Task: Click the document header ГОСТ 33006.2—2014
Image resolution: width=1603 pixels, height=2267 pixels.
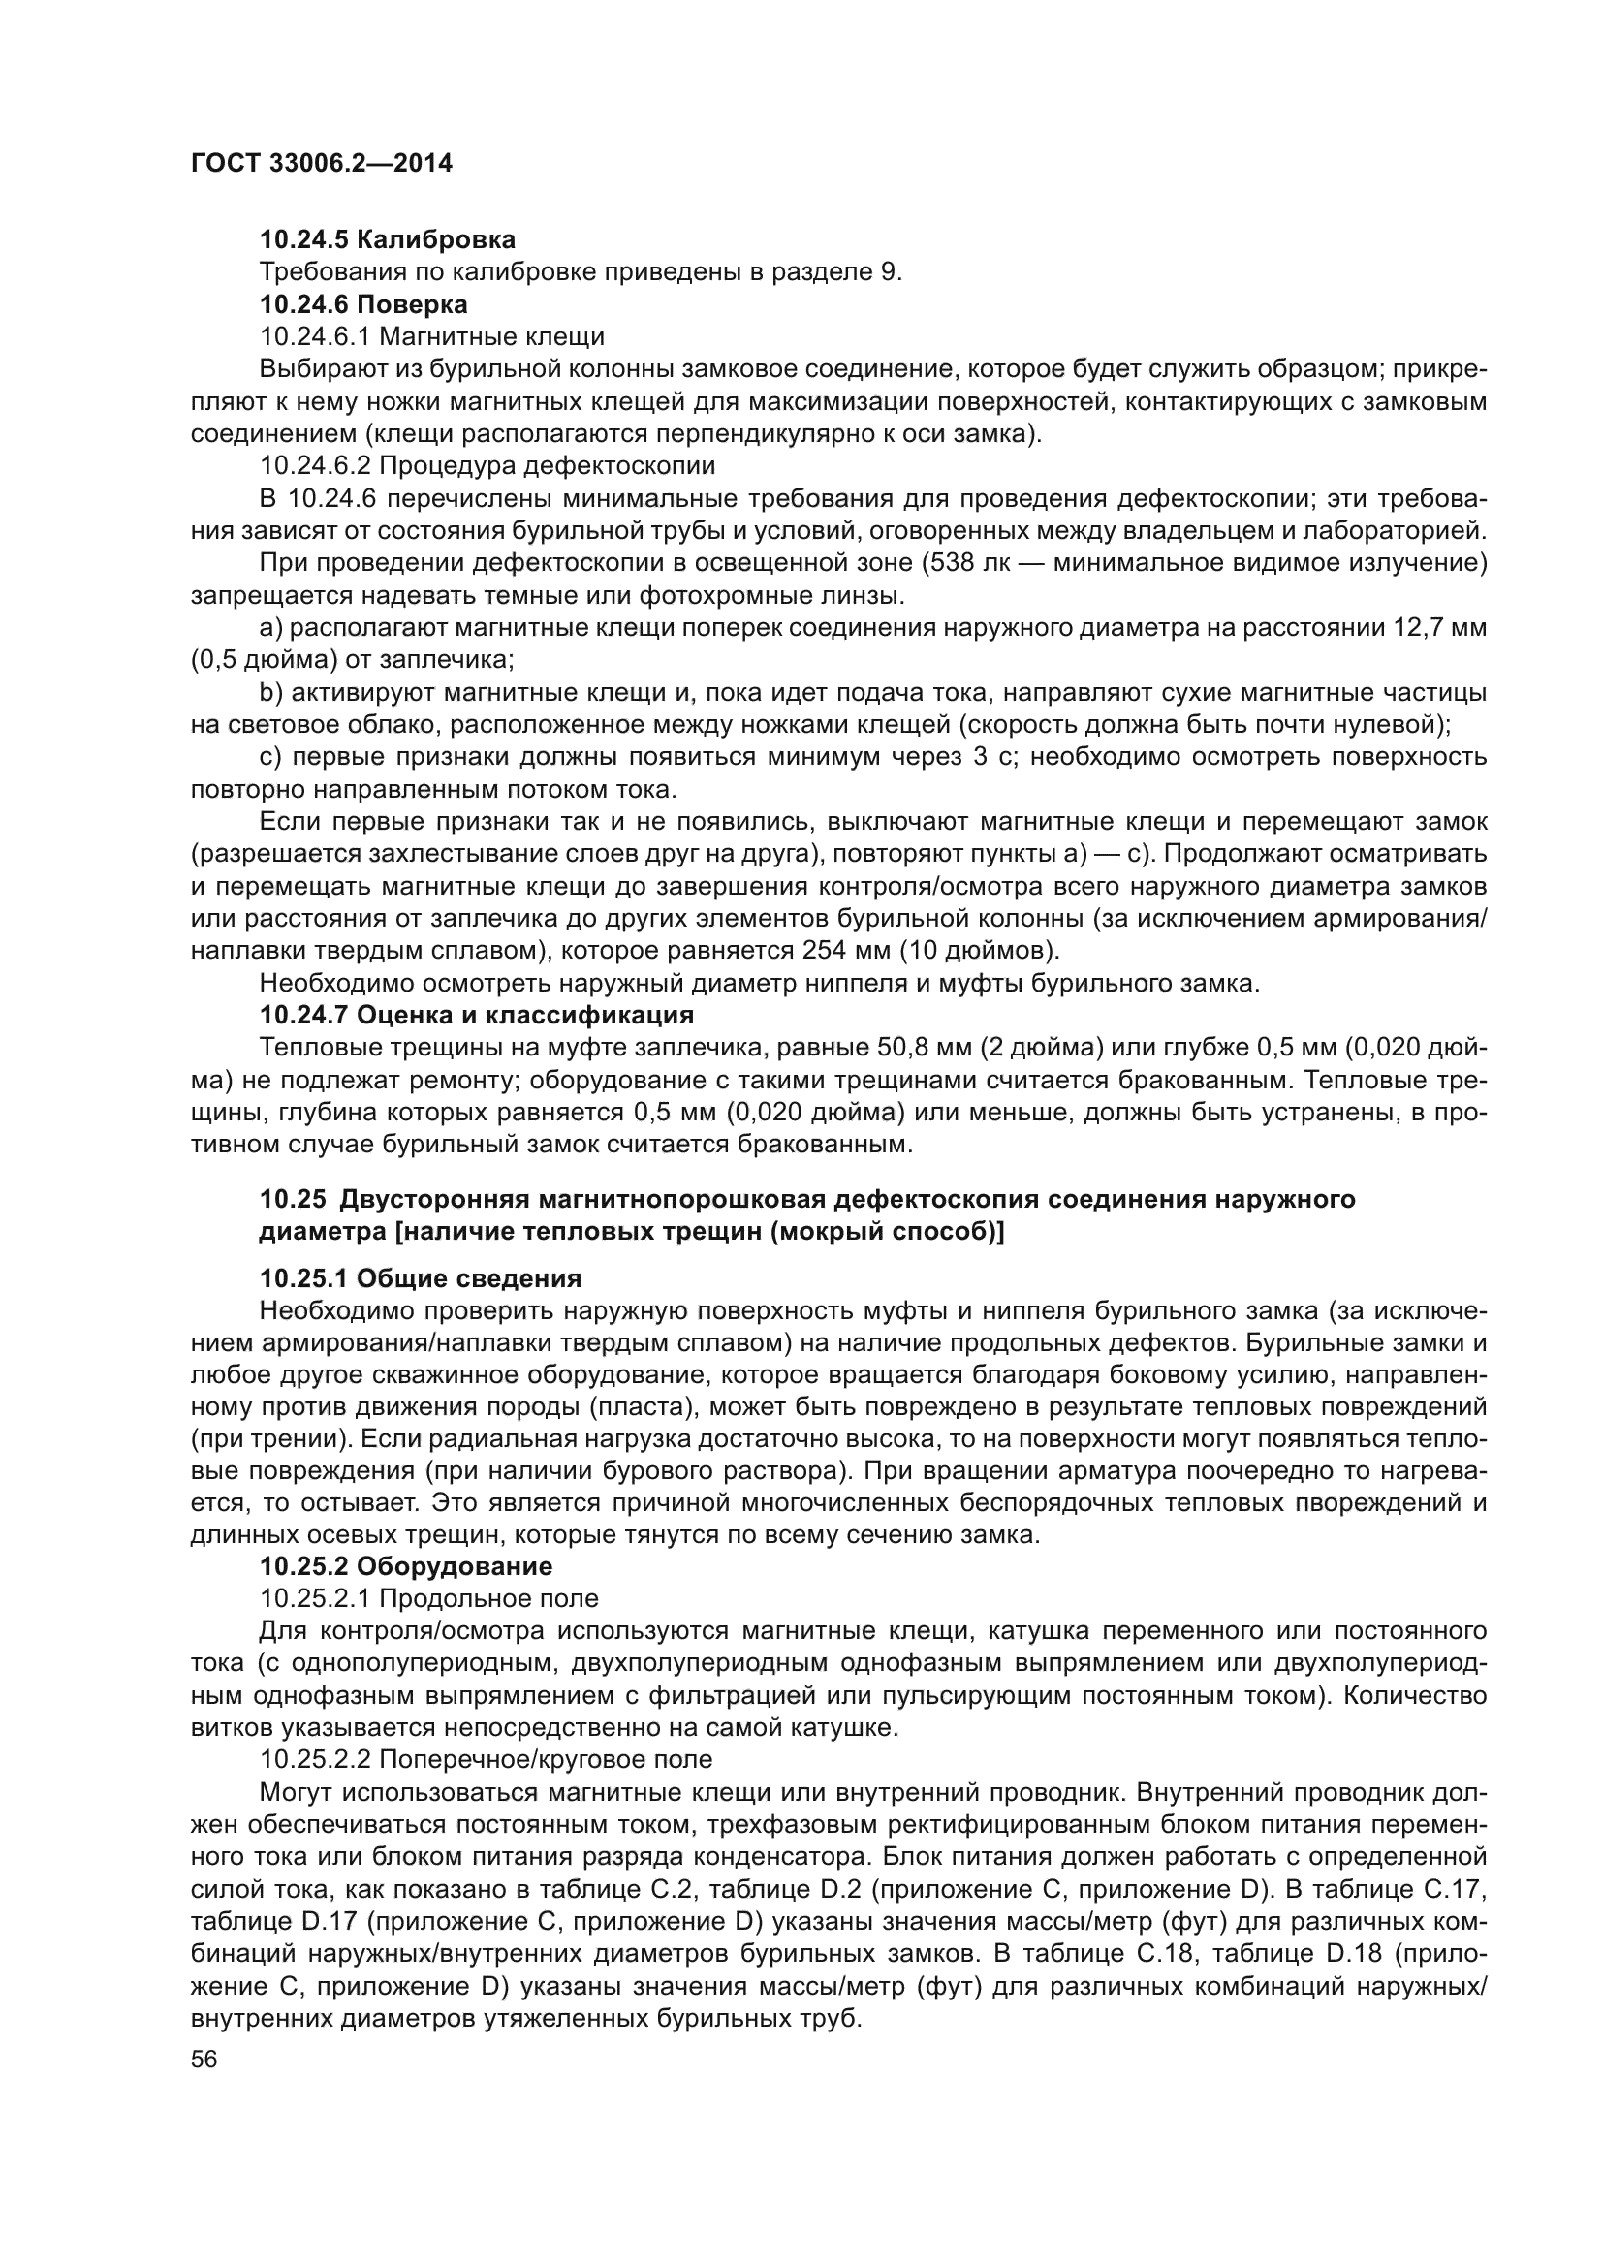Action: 322,164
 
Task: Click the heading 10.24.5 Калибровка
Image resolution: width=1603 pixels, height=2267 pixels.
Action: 387,240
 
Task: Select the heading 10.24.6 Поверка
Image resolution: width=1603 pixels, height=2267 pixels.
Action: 363,304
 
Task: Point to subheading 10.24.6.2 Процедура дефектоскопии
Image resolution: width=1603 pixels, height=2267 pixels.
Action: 487,465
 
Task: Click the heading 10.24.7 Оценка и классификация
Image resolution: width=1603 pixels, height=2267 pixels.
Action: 477,1015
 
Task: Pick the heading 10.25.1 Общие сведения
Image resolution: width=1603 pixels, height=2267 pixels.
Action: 421,1278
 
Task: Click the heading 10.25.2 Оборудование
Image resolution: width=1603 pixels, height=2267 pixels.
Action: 406,1567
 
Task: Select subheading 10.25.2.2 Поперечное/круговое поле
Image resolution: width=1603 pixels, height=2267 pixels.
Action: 486,1759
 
